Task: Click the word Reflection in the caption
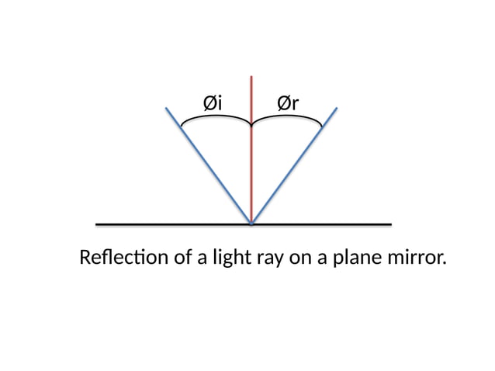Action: (x=122, y=257)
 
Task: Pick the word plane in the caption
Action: (x=354, y=258)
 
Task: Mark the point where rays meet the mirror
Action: (x=251, y=224)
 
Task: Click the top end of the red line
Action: (x=251, y=76)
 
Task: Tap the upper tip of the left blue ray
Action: (x=167, y=108)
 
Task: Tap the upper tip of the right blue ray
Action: (x=337, y=108)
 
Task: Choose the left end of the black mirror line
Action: (x=96, y=224)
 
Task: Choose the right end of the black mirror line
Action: (x=390, y=224)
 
